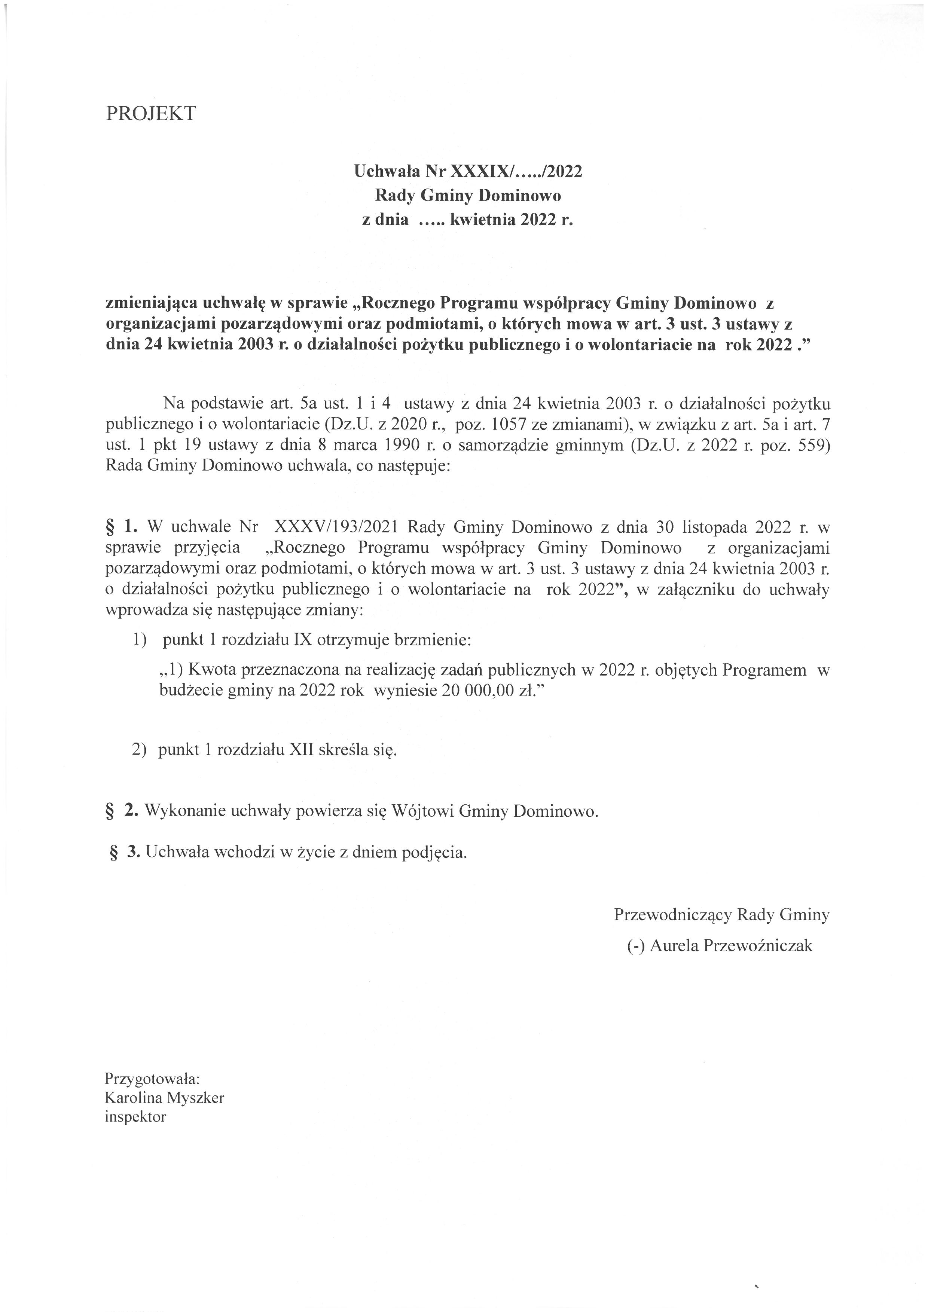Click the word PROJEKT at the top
(150, 113)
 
